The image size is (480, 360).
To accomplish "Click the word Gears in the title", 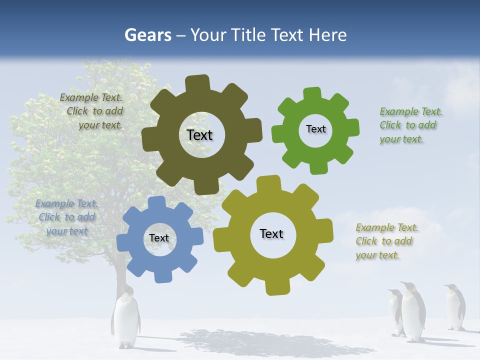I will tap(147, 35).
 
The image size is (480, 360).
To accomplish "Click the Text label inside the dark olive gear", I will tap(199, 135).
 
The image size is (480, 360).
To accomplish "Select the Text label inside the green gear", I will tap(315, 129).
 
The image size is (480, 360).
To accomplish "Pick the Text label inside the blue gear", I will tap(159, 238).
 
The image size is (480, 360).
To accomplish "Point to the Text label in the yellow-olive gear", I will tap(271, 233).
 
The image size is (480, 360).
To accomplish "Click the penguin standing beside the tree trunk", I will tap(125, 320).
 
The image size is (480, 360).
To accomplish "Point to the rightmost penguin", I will tap(454, 307).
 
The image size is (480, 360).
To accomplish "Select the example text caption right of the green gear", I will tap(410, 125).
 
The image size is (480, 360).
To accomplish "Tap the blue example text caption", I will tap(66, 217).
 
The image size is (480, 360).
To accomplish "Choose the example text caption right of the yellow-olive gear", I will tap(386, 241).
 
